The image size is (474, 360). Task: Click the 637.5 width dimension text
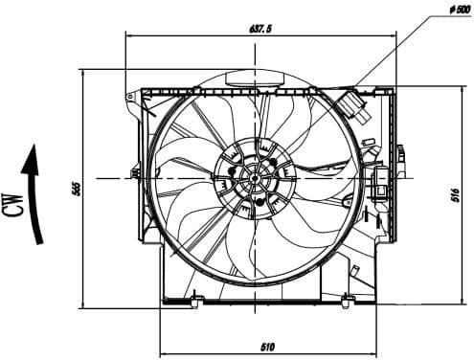coord(260,29)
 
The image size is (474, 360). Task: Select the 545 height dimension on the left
coord(76,189)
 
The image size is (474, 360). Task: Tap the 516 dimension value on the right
coord(454,195)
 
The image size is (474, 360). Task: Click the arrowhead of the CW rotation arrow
coord(33,154)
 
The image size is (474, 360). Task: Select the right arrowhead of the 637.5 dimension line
coord(392,35)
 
